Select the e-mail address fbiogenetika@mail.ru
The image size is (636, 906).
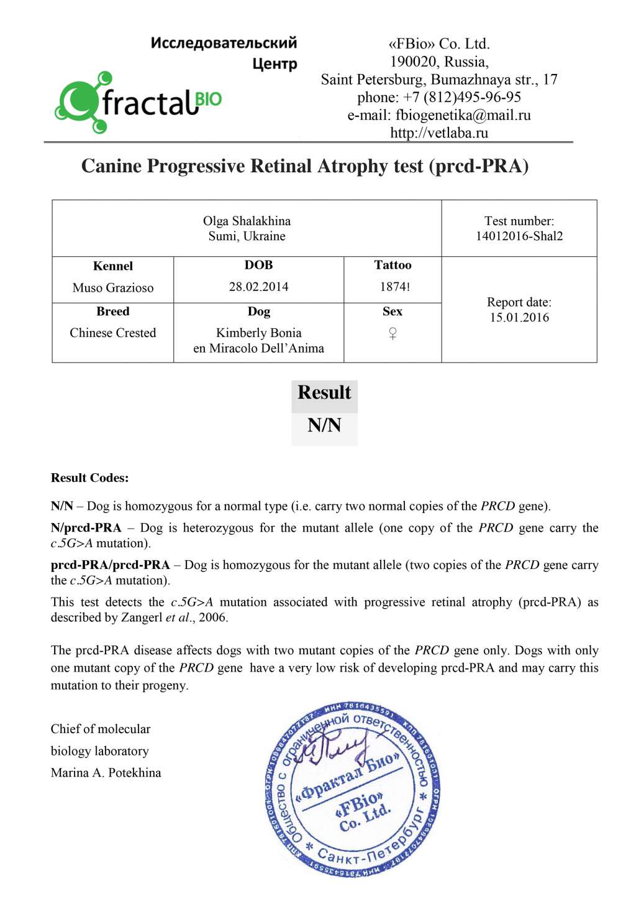463,115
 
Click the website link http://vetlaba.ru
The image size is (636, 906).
439,132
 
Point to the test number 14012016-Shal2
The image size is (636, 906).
519,236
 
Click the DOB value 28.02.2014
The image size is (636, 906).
258,287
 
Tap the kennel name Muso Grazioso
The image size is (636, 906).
112,288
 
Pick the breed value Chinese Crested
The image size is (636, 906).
112,333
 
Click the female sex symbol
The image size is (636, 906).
393,334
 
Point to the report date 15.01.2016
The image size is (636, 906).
519,318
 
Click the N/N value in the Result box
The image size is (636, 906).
324,425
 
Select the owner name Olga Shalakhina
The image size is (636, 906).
247,221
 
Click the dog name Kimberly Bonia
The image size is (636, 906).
258,333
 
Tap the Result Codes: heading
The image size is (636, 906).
89,478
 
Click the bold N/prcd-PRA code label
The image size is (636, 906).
86,528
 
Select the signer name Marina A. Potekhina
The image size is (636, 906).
106,773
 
